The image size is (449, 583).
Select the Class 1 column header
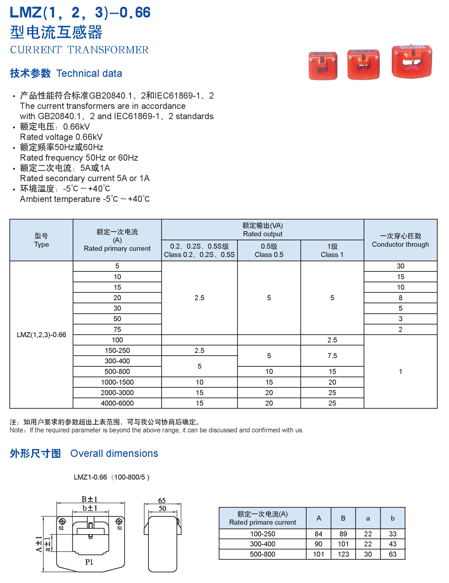tap(332, 250)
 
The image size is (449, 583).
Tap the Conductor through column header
tap(400, 240)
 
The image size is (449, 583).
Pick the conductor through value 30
tap(400, 266)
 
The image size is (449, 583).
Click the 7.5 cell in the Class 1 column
tap(332, 356)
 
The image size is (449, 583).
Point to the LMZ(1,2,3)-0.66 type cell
tap(41, 335)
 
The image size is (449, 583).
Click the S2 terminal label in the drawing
tap(61, 528)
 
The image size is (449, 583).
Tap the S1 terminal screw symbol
tap(119, 521)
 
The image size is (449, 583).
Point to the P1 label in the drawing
tap(89, 562)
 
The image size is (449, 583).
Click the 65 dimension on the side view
tap(162, 500)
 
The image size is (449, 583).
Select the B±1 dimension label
tap(89, 499)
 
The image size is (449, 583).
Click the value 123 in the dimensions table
tap(343, 554)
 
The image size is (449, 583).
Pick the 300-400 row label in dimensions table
tap(262, 544)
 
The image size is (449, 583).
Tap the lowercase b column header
tap(392, 518)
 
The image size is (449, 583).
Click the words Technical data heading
tap(89, 73)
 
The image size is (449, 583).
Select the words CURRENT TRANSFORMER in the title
tap(79, 50)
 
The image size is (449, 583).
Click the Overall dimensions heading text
tap(114, 454)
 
